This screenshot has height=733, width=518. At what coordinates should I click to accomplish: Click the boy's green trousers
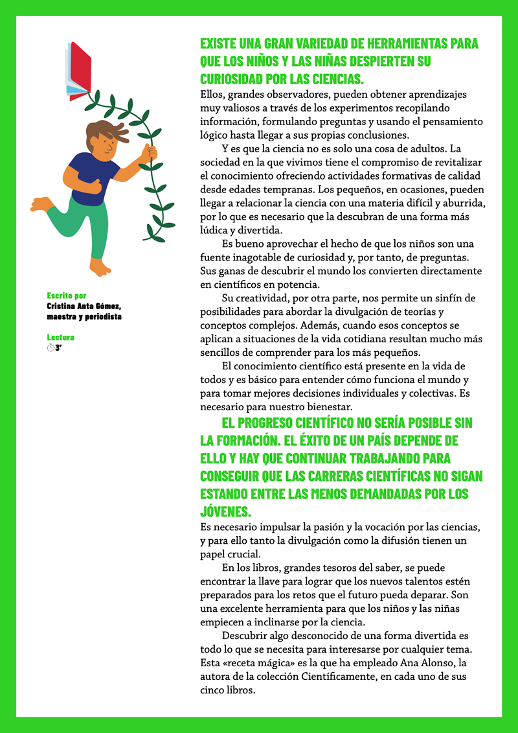point(84,224)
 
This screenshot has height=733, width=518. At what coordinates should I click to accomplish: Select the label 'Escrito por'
point(66,296)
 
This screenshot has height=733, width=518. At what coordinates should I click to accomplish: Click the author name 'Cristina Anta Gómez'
point(84,306)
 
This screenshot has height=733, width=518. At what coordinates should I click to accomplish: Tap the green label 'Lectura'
point(60,338)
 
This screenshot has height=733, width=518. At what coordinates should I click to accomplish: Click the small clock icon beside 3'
point(51,348)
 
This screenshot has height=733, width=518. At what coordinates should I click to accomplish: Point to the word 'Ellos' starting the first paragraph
point(212,95)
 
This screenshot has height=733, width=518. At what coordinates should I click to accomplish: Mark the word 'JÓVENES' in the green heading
point(223,511)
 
